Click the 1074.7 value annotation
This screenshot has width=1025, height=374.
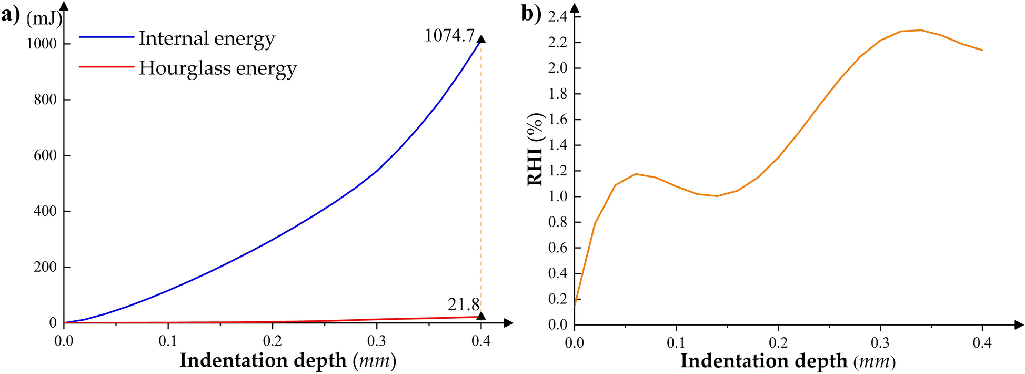pyautogui.click(x=449, y=36)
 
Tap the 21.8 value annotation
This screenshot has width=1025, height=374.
pyautogui.click(x=464, y=304)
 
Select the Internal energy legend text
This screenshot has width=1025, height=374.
pyautogui.click(x=206, y=39)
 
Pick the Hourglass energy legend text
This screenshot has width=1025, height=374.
pyautogui.click(x=217, y=68)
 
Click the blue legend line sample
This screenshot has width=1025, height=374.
pyautogui.click(x=106, y=37)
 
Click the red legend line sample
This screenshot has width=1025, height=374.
pyautogui.click(x=106, y=67)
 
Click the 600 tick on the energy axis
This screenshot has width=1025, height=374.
pyautogui.click(x=45, y=155)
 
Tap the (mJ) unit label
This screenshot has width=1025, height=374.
pyautogui.click(x=44, y=18)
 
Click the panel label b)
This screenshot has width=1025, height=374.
pyautogui.click(x=531, y=14)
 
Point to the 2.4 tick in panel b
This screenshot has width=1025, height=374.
pyautogui.click(x=557, y=17)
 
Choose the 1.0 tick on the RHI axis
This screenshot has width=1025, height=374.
pyautogui.click(x=557, y=196)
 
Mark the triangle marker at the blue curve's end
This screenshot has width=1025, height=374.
pyautogui.click(x=481, y=38)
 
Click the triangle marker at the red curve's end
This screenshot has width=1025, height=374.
pyautogui.click(x=481, y=316)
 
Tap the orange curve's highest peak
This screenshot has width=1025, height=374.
pyautogui.click(x=920, y=30)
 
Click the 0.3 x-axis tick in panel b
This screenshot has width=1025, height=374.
pyautogui.click(x=880, y=343)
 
